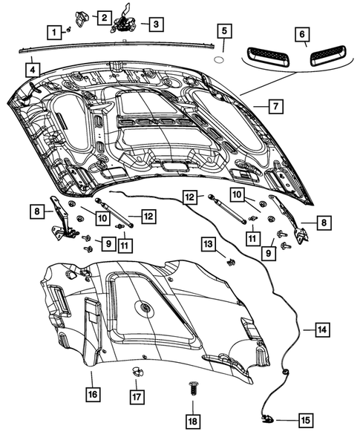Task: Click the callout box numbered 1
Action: pos(54,32)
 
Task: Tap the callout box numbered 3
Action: pos(154,24)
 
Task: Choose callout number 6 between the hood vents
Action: pos(301,34)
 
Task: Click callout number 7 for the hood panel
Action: pos(274,106)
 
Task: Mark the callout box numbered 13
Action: pos(209,243)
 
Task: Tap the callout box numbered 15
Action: pos(305,419)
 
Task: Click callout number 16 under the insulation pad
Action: pos(91,395)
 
